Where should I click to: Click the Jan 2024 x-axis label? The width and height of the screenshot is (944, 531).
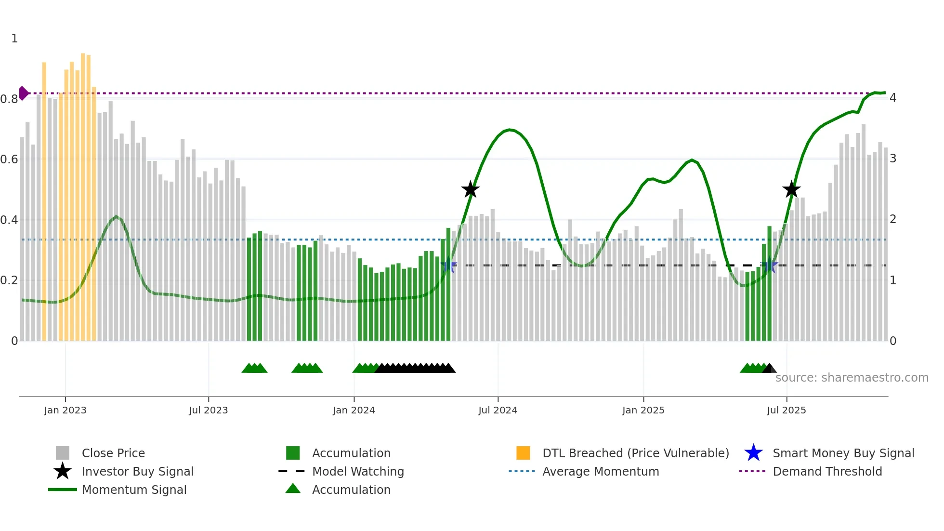click(354, 410)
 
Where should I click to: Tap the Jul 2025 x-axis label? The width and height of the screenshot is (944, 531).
click(786, 410)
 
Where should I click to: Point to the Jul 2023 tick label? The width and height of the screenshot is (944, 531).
click(208, 410)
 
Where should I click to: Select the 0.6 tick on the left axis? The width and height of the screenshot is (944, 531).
click(9, 159)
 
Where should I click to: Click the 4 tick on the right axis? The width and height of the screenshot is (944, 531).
click(892, 98)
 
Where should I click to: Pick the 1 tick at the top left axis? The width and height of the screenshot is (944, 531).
click(14, 39)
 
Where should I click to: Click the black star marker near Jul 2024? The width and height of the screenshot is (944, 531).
click(470, 189)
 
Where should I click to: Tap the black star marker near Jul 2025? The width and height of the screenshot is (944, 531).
click(791, 189)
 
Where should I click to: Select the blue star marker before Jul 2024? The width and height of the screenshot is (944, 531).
click(448, 265)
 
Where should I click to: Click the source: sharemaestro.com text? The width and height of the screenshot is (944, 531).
click(852, 378)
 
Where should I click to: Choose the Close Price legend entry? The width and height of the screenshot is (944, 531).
click(113, 453)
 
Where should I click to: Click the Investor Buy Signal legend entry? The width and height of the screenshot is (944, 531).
click(137, 471)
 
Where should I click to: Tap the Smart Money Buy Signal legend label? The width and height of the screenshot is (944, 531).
click(843, 453)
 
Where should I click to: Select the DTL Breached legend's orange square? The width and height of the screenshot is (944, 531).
click(523, 453)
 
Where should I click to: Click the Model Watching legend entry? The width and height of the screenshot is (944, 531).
click(357, 471)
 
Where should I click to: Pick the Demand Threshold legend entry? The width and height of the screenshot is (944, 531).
click(827, 471)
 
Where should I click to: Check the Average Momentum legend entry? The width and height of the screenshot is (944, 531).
click(600, 471)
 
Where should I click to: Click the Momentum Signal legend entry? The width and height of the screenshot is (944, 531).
click(134, 490)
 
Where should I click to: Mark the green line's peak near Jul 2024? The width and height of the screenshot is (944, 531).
click(510, 130)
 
